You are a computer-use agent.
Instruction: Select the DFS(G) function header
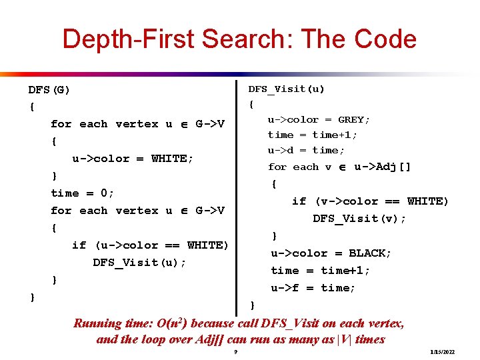click(x=49, y=89)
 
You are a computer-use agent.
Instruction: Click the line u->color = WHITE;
click(x=133, y=159)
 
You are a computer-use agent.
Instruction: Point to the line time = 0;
click(x=83, y=193)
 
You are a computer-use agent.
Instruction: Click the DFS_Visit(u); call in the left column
click(x=139, y=263)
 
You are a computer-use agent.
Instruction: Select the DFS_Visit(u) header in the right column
click(x=287, y=89)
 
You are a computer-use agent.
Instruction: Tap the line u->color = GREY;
click(x=319, y=120)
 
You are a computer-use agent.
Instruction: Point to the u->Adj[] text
click(x=383, y=167)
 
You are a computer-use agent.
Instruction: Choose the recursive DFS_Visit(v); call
click(x=359, y=219)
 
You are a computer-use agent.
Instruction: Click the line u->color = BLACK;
click(x=331, y=253)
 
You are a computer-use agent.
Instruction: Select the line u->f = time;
click(x=313, y=288)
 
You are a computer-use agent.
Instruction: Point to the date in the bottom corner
click(x=443, y=351)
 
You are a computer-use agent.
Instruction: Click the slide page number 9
click(x=236, y=351)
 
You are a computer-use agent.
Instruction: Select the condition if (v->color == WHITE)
click(x=370, y=201)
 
